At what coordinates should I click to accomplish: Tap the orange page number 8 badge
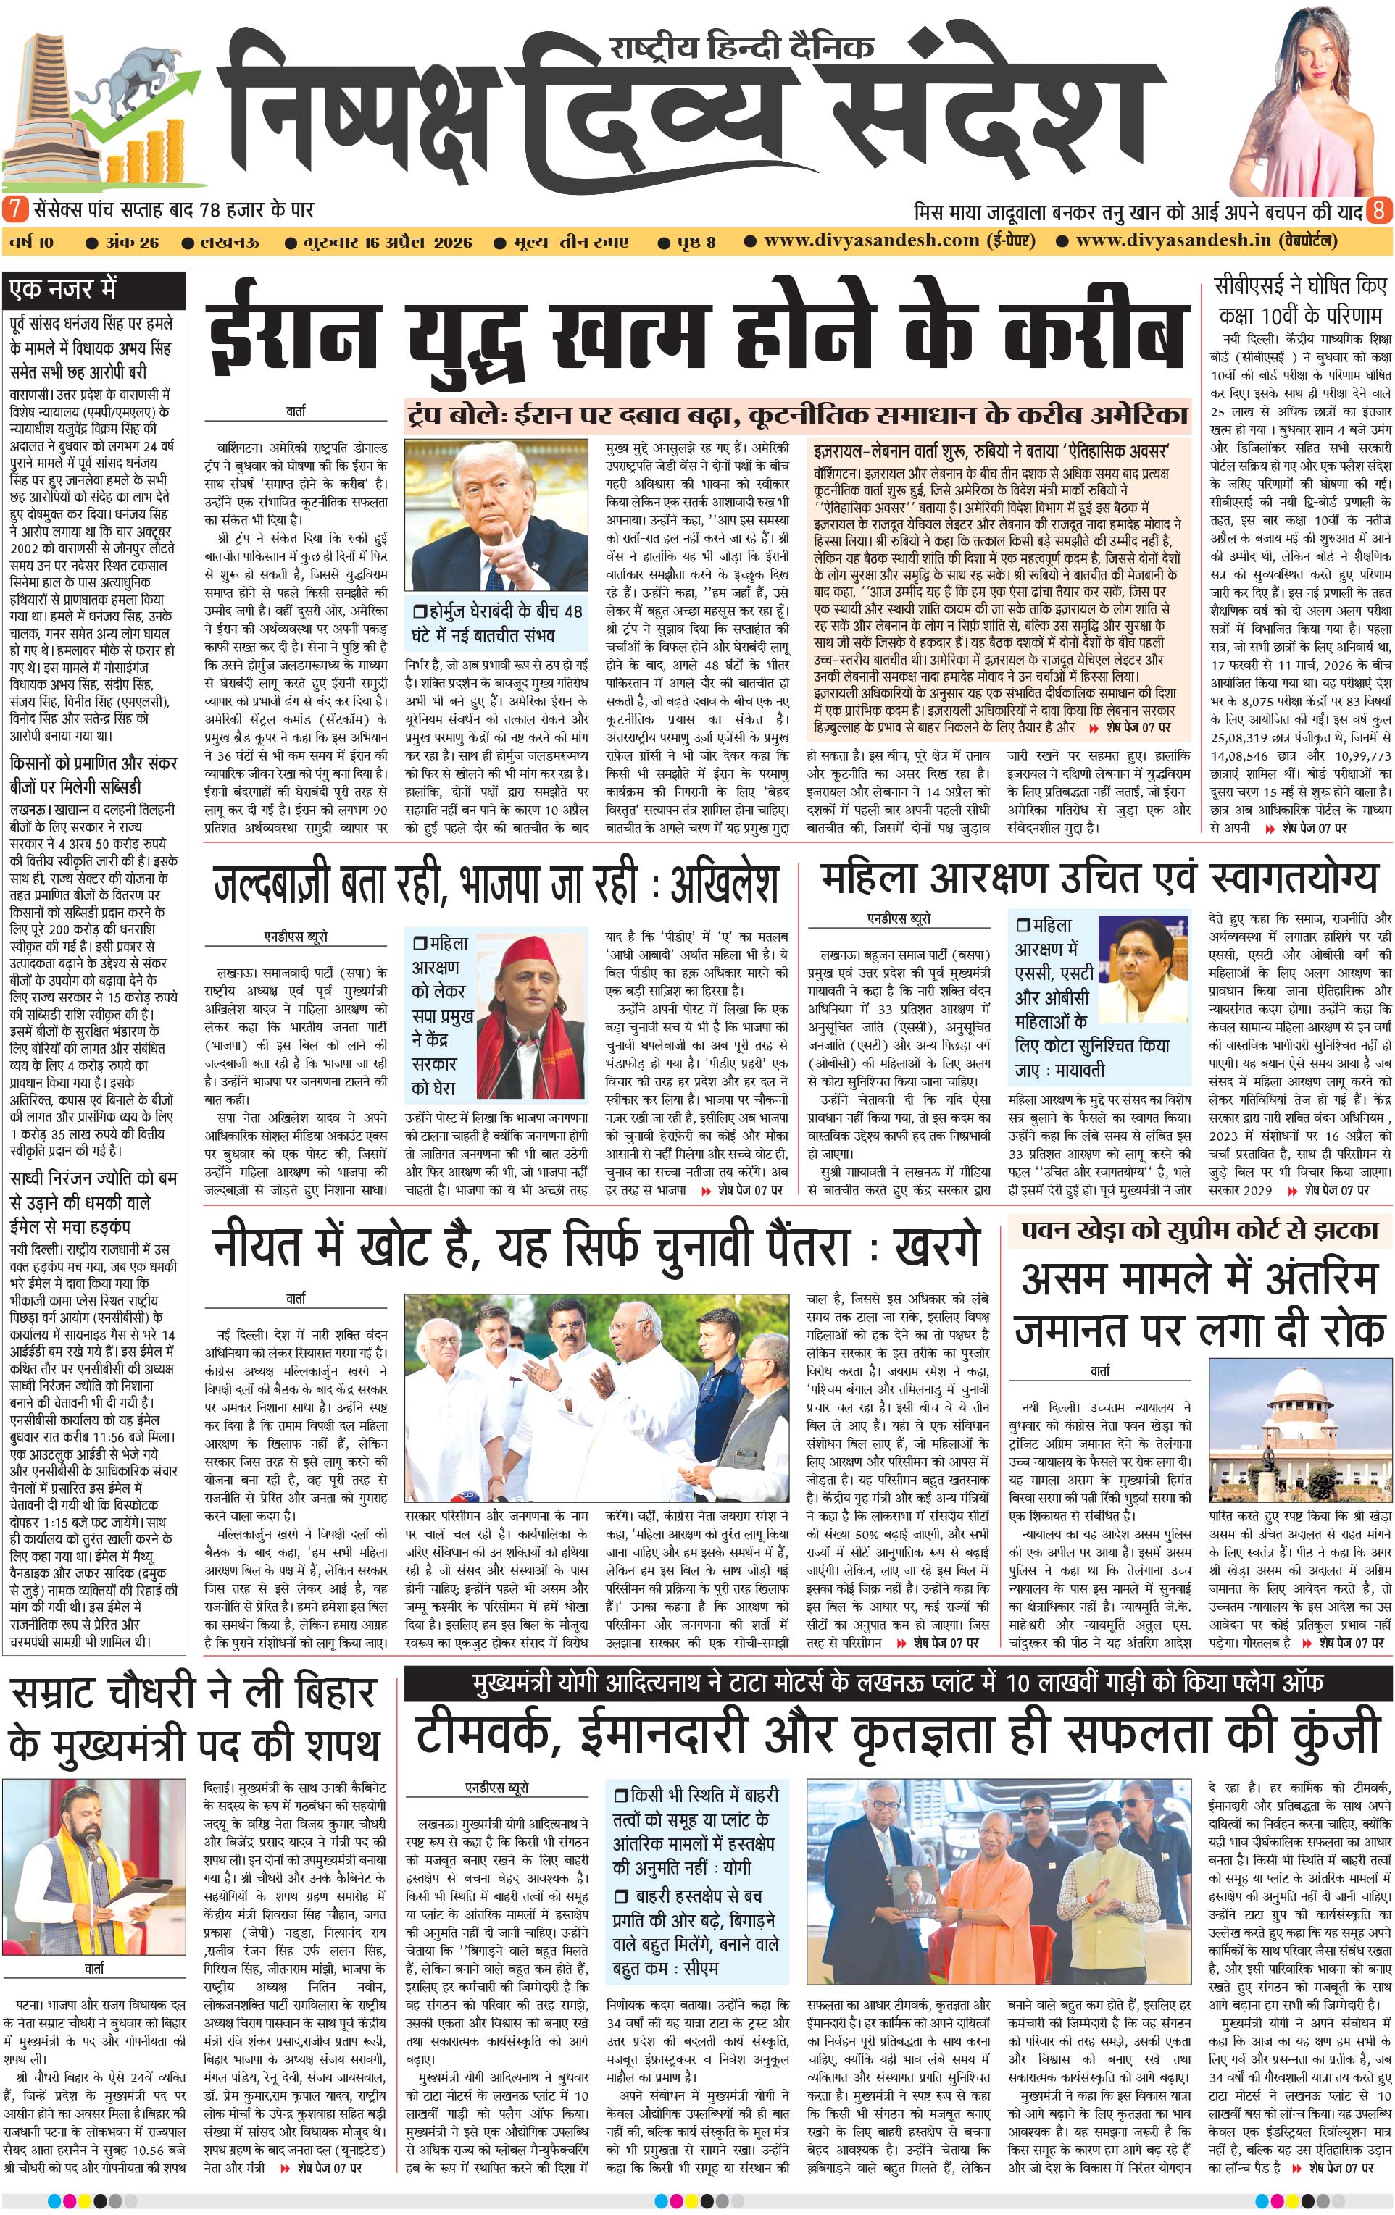tap(1378, 210)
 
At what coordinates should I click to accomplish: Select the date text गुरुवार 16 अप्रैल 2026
tap(388, 242)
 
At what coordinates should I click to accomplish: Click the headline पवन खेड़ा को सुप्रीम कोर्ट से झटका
tap(1199, 1231)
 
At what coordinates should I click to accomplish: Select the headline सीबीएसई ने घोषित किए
tap(1299, 285)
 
